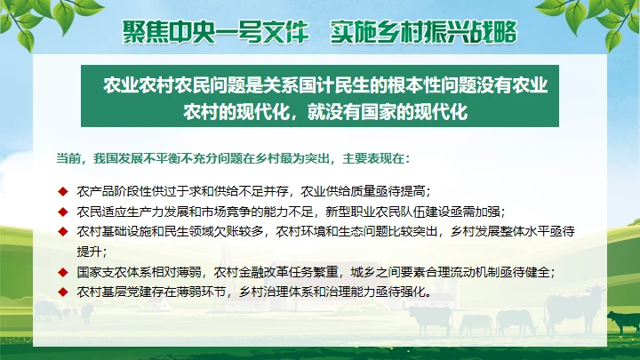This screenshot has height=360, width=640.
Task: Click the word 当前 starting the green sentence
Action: click(67, 159)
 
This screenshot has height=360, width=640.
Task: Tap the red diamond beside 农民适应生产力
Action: click(63, 212)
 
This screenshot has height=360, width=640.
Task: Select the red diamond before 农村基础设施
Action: click(63, 232)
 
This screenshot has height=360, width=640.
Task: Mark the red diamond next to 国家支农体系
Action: click(63, 272)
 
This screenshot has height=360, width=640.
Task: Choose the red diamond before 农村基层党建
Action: click(63, 292)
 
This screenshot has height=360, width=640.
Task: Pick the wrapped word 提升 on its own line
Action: click(89, 252)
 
